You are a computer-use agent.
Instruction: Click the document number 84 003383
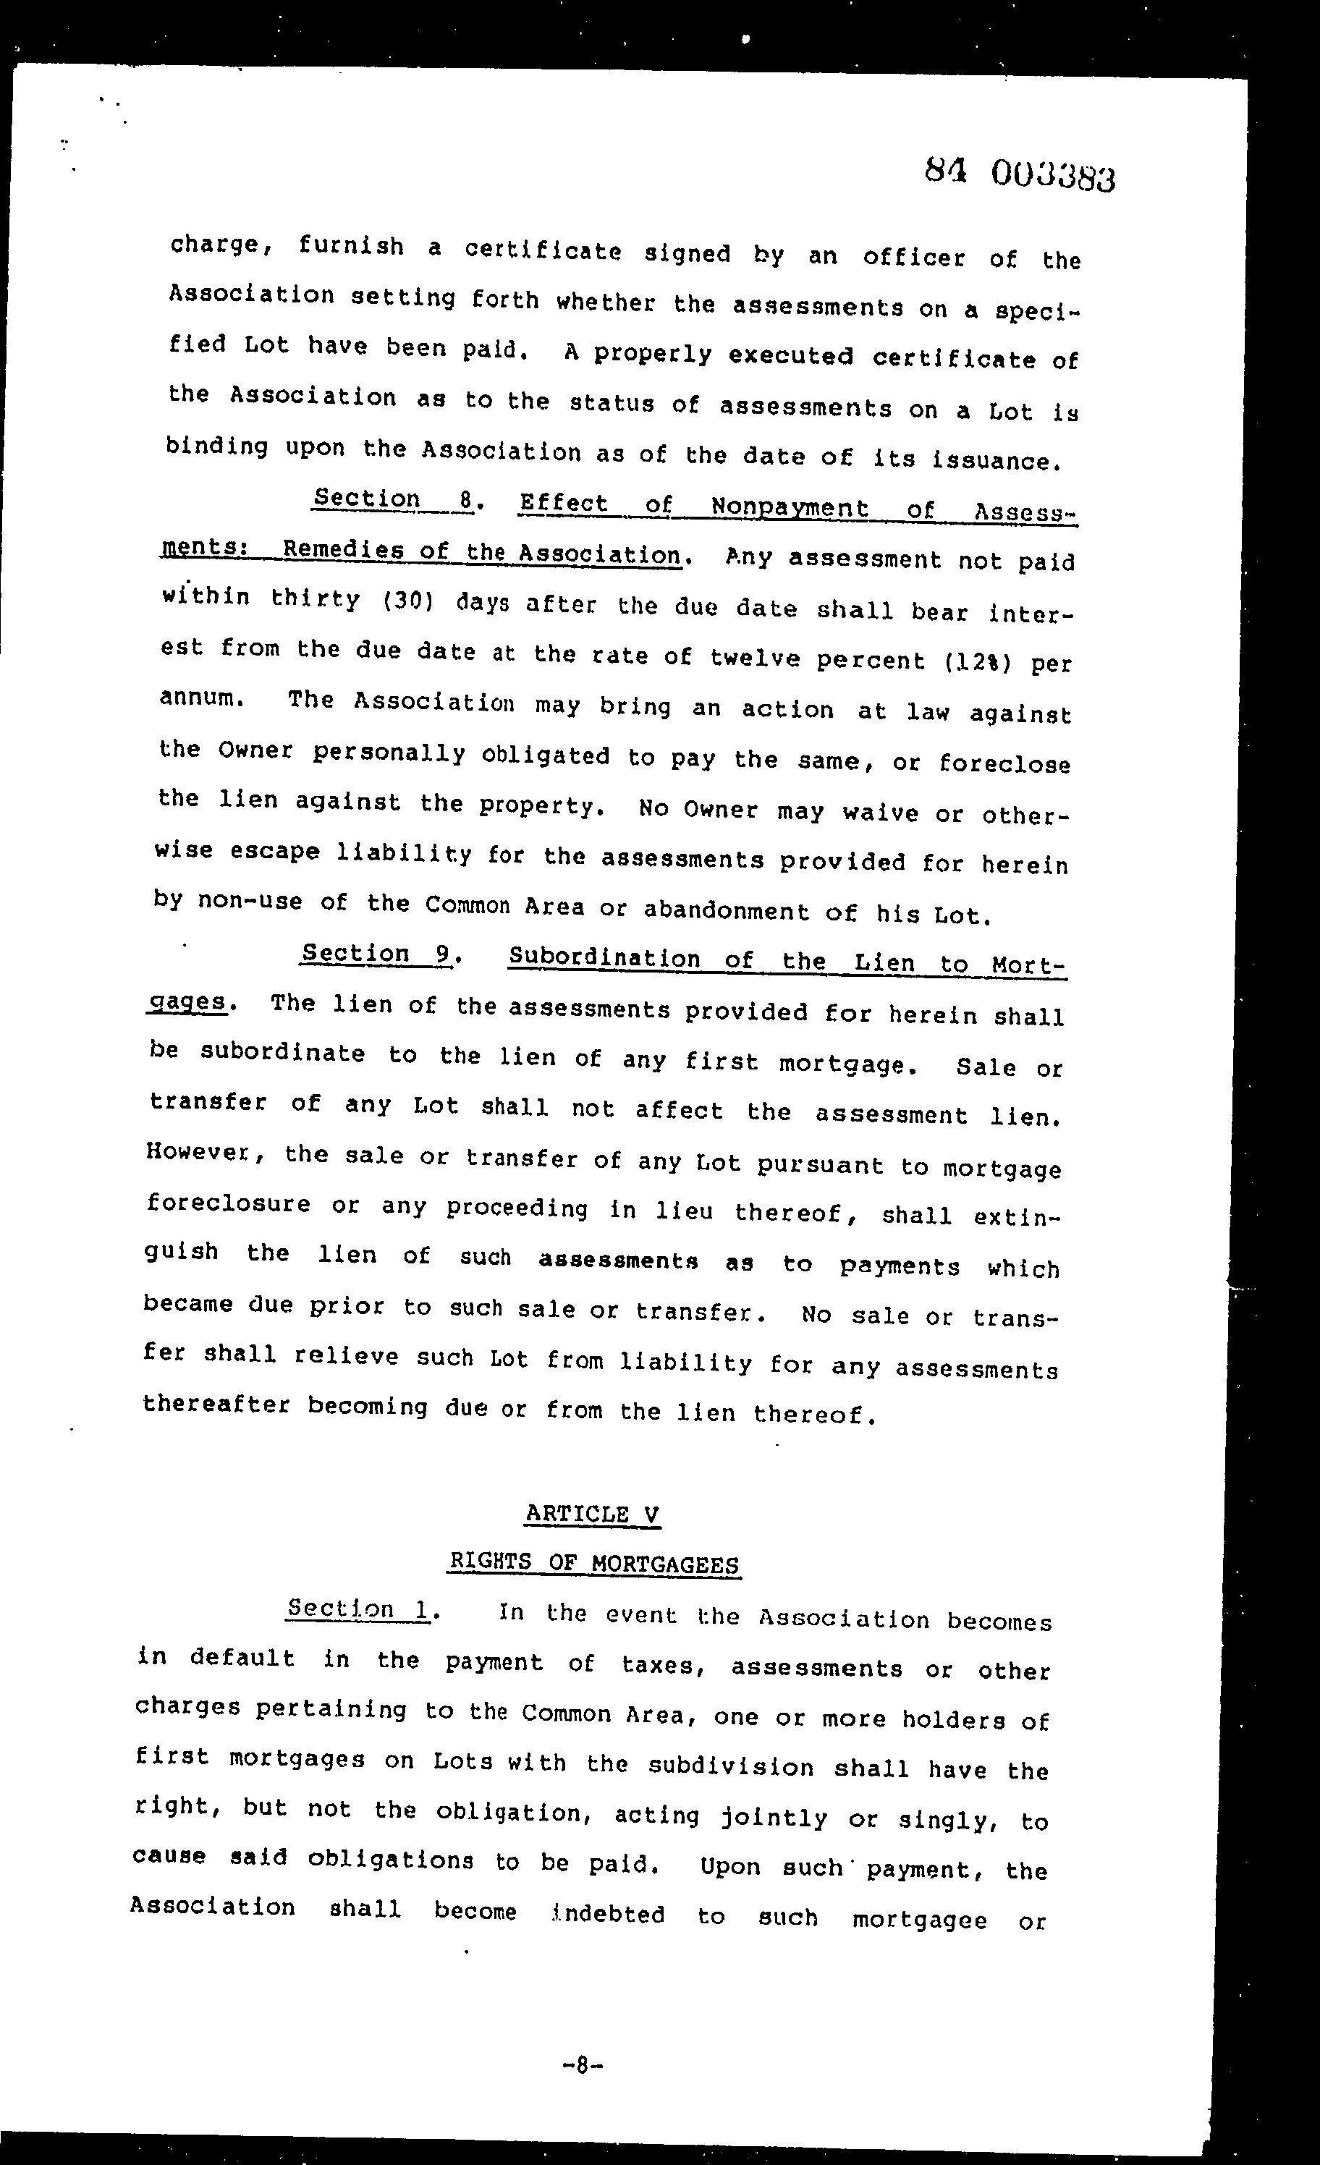1020,173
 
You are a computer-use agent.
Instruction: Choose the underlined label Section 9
376,954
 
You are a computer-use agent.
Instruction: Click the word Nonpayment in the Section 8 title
790,508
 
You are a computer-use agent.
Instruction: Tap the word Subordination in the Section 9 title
604,958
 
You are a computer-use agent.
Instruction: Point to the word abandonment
726,910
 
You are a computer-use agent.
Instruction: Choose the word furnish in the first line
351,245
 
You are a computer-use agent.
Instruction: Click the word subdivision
730,1766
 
